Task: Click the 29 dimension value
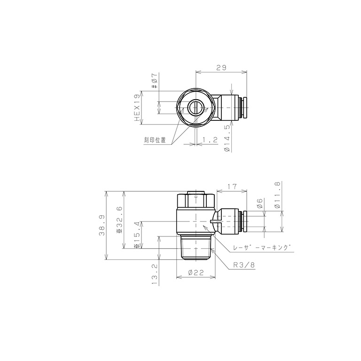click(x=221, y=68)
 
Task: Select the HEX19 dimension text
click(x=137, y=108)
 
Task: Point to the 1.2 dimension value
click(x=209, y=140)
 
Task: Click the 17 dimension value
click(x=231, y=187)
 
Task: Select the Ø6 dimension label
click(x=259, y=204)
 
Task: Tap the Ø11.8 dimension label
click(x=277, y=193)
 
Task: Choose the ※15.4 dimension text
click(x=137, y=235)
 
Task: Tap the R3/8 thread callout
click(x=244, y=265)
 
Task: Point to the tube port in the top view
click(x=243, y=108)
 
